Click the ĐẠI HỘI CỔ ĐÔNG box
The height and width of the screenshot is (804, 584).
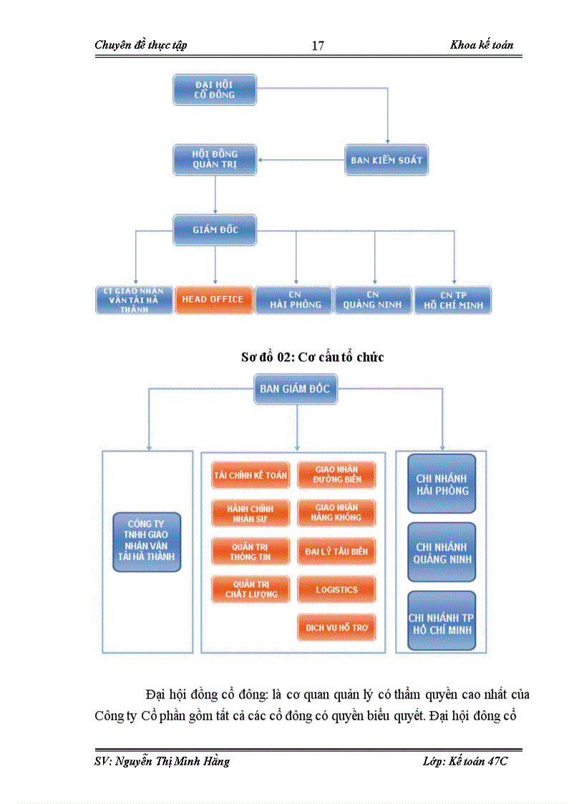pos(215,89)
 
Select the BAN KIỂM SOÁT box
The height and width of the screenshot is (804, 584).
pos(386,160)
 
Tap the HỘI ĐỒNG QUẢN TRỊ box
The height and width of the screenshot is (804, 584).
pos(215,159)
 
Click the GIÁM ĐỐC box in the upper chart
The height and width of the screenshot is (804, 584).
pos(215,230)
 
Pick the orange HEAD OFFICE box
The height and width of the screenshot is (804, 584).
pos(213,299)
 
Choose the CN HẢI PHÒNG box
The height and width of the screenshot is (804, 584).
pos(293,300)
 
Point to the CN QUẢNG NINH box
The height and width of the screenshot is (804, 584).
pos(373,300)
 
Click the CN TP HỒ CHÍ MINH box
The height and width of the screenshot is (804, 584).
pos(452,300)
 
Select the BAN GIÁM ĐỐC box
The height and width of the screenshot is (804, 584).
pos(296,389)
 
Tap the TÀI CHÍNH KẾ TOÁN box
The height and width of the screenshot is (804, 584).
pos(250,475)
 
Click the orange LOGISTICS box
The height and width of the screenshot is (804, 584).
pos(336,589)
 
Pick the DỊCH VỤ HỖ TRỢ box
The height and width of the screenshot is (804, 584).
pos(336,627)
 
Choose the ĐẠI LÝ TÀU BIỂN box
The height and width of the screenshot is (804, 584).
pos(336,551)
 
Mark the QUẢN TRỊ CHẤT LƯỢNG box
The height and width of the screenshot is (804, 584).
pos(250,589)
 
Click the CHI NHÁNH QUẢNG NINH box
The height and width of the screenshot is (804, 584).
pos(441,552)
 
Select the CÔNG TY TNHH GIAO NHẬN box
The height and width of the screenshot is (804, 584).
pos(147,541)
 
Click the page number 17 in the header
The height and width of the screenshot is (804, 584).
pos(318,46)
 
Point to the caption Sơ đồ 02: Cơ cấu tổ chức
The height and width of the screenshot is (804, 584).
pos(312,357)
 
